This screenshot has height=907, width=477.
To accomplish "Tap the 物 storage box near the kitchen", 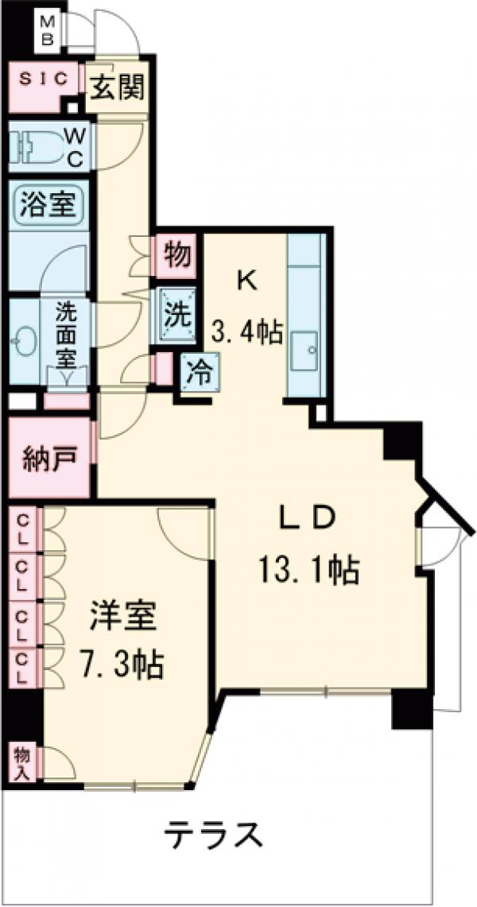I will tap(176, 256).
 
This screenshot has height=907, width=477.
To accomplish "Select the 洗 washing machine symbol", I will tap(176, 313).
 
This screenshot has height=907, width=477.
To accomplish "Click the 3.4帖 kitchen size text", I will tap(246, 329).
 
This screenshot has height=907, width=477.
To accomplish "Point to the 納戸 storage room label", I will tap(48, 459).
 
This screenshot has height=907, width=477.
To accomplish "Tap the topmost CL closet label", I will tap(25, 529).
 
